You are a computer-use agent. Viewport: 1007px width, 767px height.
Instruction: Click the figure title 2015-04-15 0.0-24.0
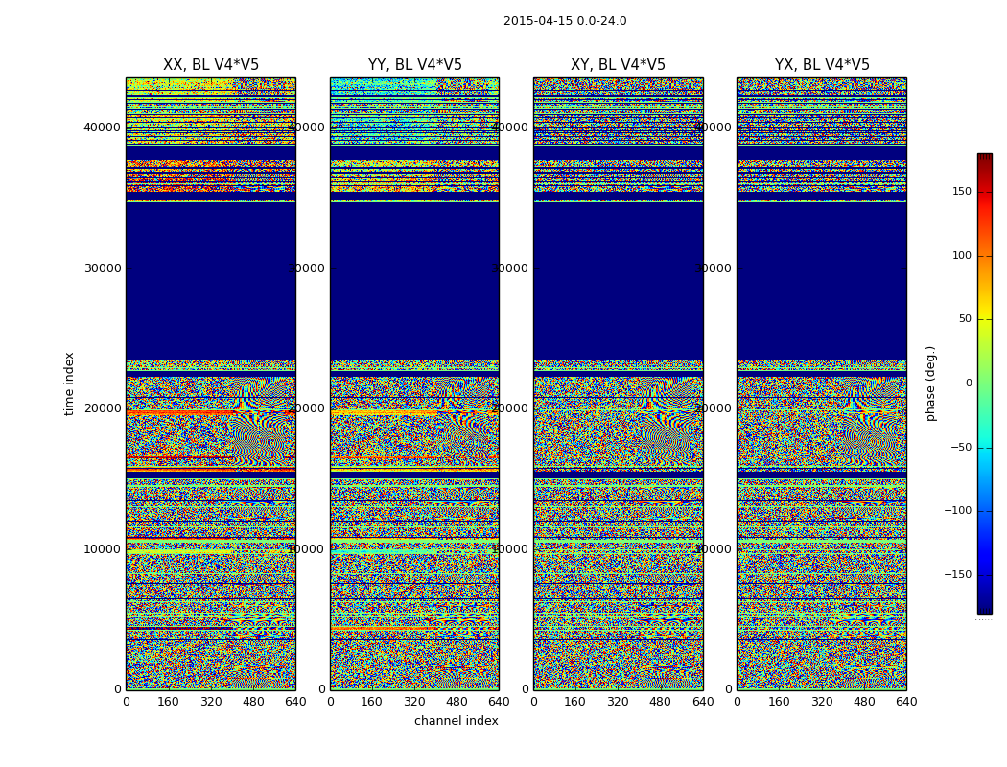[x=565, y=21]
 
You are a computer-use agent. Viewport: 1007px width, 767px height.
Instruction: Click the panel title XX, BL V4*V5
[x=211, y=65]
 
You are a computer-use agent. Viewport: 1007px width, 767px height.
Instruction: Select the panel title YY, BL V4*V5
[x=414, y=65]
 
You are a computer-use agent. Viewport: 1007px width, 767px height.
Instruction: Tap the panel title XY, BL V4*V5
[x=618, y=65]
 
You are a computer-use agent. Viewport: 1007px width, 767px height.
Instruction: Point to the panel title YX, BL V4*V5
[x=822, y=65]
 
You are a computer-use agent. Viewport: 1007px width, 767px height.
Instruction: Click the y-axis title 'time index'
[x=69, y=383]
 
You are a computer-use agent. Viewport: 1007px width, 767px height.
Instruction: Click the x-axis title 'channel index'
[x=456, y=721]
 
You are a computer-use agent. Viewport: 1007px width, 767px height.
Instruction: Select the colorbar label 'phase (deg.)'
[x=930, y=383]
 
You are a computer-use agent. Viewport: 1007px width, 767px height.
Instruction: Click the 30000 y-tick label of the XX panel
[x=103, y=268]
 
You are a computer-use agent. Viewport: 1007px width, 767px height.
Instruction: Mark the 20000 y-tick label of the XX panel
[x=103, y=408]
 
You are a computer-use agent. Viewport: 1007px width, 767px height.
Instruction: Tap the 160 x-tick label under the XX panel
[x=168, y=702]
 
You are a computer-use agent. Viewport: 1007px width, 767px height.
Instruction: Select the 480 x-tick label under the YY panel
[x=457, y=702]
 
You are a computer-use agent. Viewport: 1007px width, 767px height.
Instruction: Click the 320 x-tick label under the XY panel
[x=618, y=702]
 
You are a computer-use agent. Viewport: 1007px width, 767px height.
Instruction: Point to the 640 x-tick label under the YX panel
[x=906, y=702]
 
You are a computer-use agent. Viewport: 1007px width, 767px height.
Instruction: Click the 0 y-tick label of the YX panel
[x=728, y=689]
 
